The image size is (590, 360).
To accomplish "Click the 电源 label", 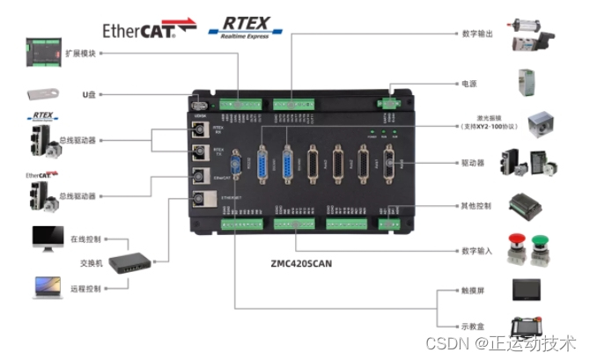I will tap(469, 84).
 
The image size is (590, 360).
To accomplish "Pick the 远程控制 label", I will tap(86, 288).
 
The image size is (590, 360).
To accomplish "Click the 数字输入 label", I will tap(477, 251).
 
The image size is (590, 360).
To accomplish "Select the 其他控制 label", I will tap(477, 206).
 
